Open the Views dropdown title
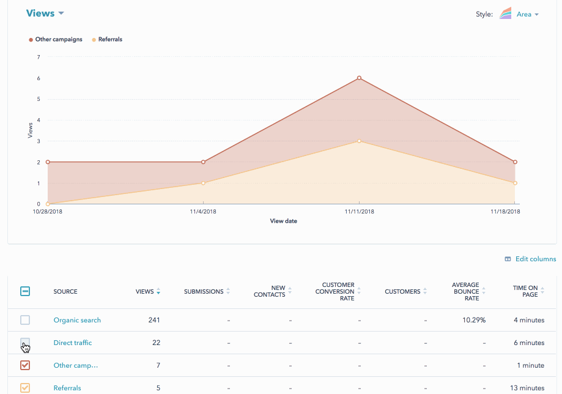coord(45,13)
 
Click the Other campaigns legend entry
coord(58,40)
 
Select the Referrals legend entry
coord(109,40)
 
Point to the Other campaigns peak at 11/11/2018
coord(359,78)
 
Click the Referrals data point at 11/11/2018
coord(359,141)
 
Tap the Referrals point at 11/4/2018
coord(203,183)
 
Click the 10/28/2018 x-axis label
coord(48,212)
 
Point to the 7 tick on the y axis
coord(39,57)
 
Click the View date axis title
coord(283,221)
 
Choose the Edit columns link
coord(535,259)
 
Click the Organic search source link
coord(77,320)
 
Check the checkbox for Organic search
coord(25,320)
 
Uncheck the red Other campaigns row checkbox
coord(25,365)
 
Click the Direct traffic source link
coord(73,343)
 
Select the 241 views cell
coord(154,320)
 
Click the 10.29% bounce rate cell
coord(474,320)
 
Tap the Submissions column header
coord(204,292)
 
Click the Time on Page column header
coord(525,291)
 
